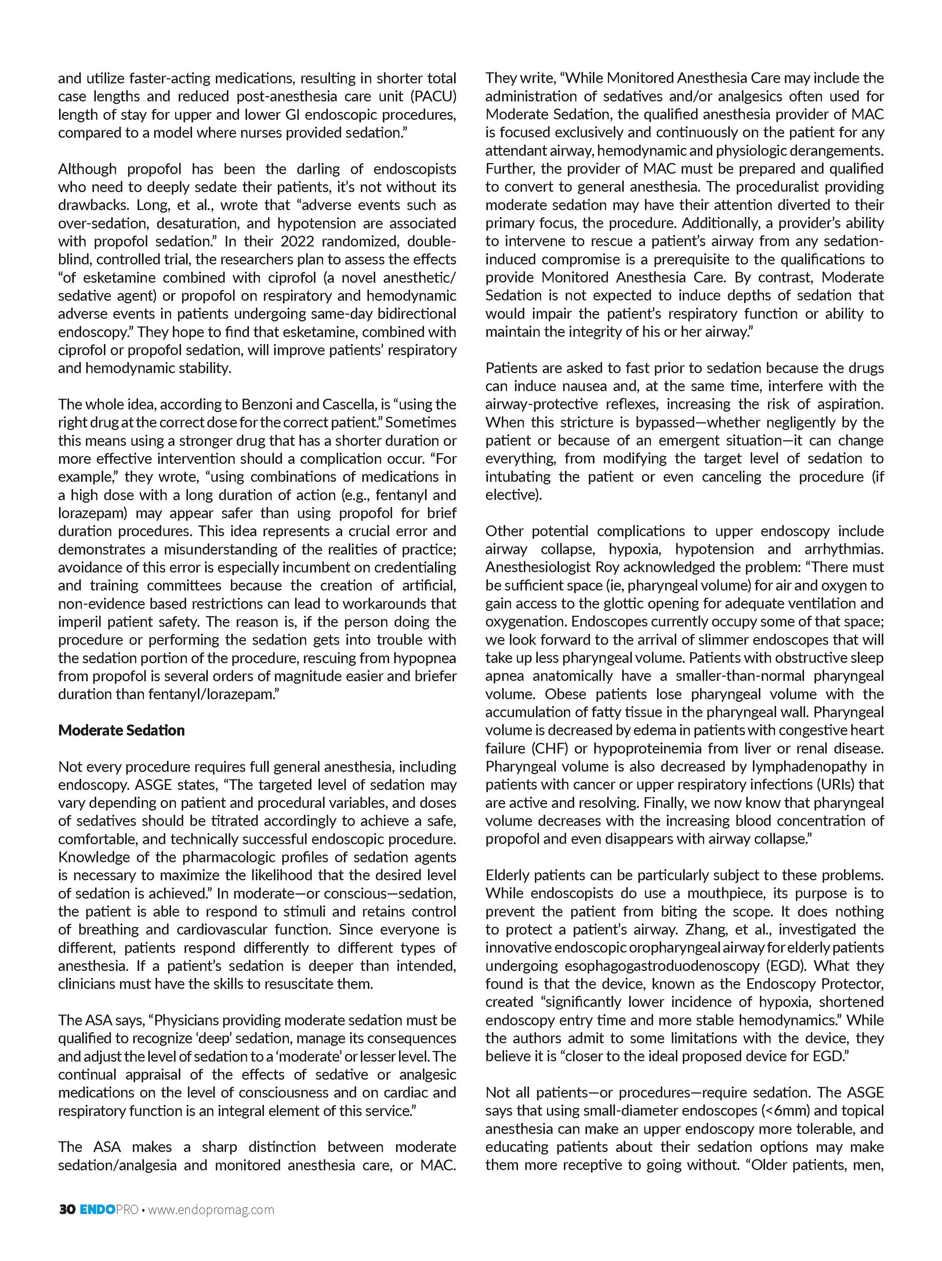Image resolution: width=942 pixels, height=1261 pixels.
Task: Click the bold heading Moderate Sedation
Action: click(121, 730)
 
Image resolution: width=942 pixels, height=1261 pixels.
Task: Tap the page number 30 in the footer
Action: click(67, 1209)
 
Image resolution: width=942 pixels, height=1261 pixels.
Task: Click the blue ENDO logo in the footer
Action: click(97, 1209)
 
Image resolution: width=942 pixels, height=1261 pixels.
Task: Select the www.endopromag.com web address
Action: click(211, 1209)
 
